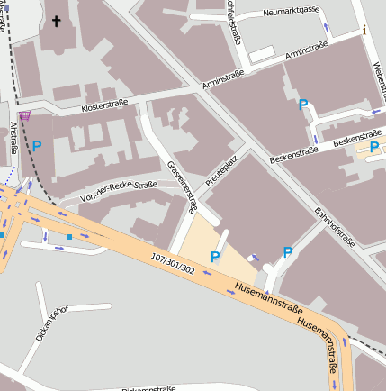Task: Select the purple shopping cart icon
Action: (x=24, y=115)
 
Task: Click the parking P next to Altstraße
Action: (x=37, y=144)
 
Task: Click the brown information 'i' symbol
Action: (x=364, y=30)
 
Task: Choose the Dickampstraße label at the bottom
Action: (x=148, y=388)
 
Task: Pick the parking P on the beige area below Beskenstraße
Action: (x=373, y=147)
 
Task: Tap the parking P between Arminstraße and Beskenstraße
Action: (x=303, y=105)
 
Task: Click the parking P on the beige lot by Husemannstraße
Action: (x=214, y=258)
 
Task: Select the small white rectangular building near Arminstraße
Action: (x=262, y=54)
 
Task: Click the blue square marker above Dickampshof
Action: (x=68, y=237)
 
